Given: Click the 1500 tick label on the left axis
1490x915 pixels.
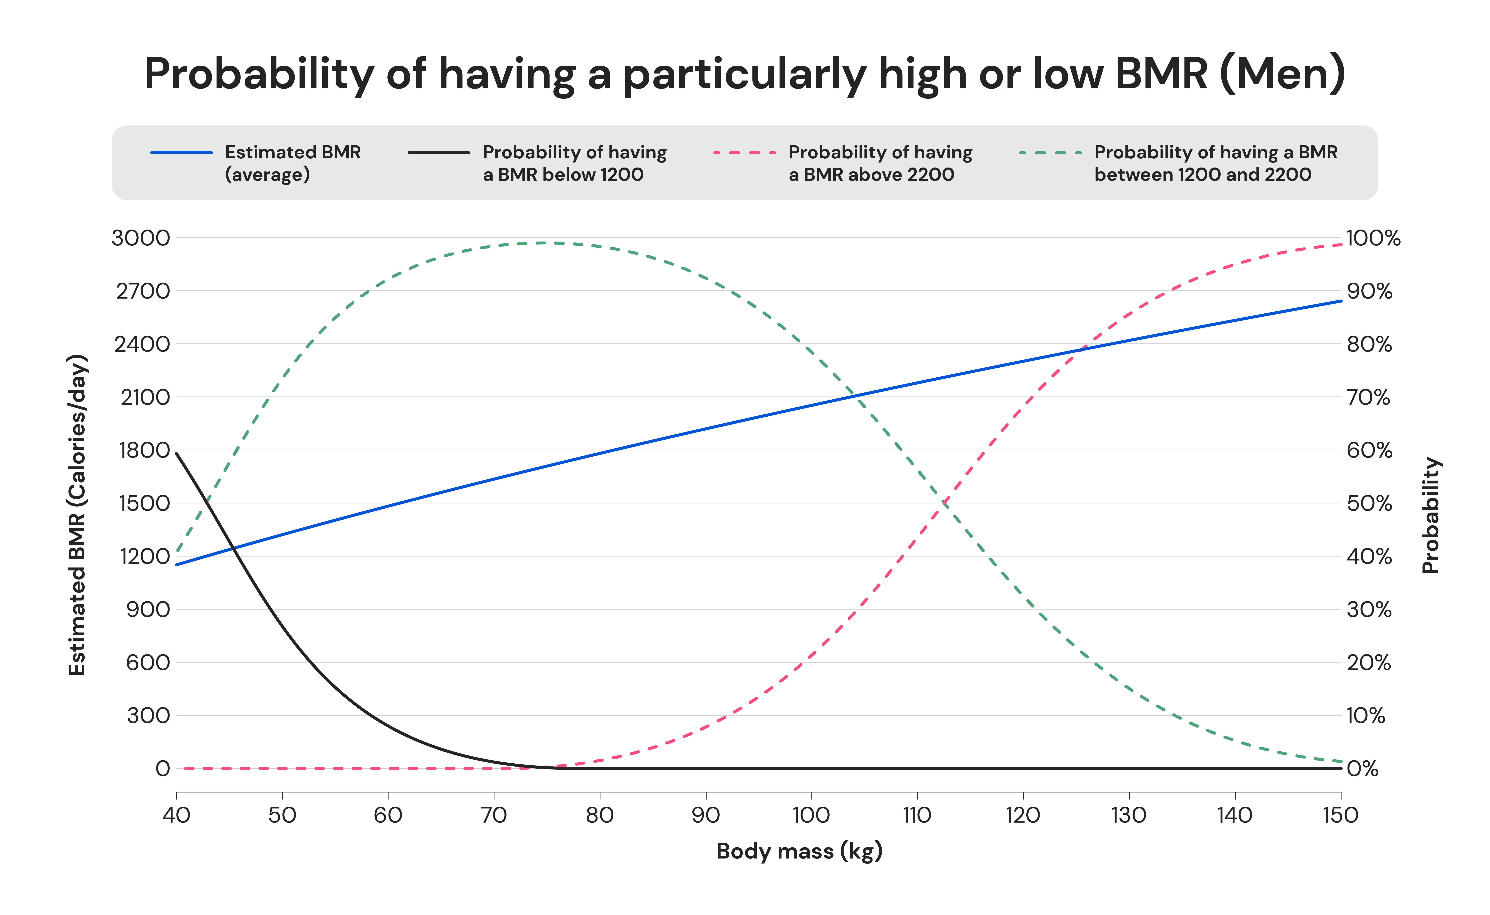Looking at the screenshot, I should pyautogui.click(x=145, y=503).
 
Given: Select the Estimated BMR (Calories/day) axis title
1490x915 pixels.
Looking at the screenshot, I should pyautogui.click(x=77, y=514).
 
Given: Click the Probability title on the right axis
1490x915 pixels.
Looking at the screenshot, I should pyautogui.click(x=1431, y=514).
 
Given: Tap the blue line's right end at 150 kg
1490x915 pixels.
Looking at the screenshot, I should pyautogui.click(x=1341, y=301).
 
